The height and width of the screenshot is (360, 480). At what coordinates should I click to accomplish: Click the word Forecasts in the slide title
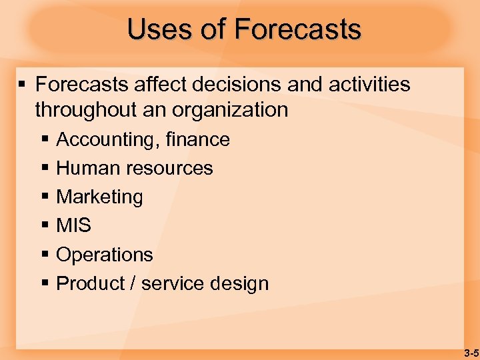[297, 29]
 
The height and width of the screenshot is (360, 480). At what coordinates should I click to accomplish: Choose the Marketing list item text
[99, 197]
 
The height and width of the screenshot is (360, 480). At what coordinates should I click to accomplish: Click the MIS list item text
[73, 225]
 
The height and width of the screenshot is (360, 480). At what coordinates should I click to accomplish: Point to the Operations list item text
[105, 255]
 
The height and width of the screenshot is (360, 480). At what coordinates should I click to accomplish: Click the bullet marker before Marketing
[45, 197]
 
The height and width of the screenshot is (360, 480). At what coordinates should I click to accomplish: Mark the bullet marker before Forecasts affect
[23, 85]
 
